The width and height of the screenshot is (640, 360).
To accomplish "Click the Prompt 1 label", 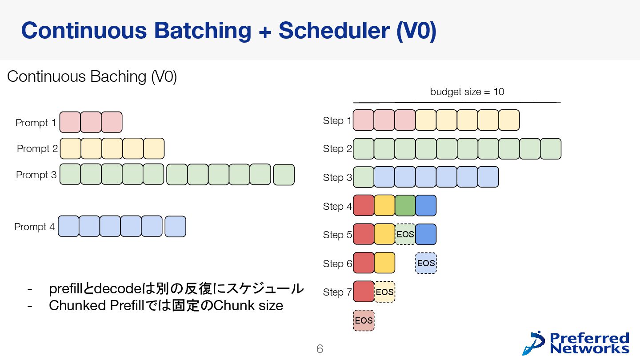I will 36,123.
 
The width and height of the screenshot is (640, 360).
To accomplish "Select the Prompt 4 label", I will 34,227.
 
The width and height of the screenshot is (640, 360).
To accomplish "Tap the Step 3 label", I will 337,178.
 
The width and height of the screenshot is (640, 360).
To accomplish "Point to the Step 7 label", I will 337,292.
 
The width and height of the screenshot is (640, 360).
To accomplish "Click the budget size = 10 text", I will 467,92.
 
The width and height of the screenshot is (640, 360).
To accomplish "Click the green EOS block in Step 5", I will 405,234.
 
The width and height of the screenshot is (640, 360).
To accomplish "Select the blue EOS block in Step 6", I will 426,263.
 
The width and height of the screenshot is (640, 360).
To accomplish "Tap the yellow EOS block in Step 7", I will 384,292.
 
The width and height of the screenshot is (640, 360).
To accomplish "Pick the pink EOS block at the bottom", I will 364,320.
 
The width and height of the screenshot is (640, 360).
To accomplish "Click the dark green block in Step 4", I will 405,205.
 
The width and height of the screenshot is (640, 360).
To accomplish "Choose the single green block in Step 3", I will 363,177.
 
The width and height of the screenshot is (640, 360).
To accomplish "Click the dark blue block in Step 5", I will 426,234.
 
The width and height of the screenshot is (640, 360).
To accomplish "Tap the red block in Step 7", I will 364,292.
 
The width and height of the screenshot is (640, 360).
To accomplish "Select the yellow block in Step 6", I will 384,263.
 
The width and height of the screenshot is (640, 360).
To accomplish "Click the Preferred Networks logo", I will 576,343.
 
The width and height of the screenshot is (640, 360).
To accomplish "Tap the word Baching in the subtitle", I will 118,77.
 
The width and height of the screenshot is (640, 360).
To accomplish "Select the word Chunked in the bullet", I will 77,306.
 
